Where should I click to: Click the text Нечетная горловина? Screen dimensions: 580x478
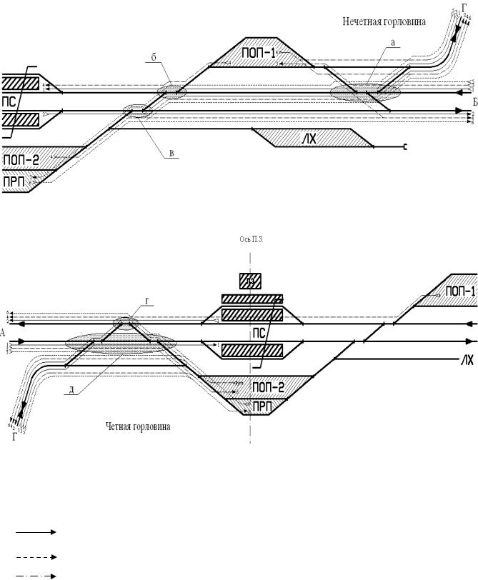point(384,22)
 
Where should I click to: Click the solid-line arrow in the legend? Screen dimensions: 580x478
point(35,532)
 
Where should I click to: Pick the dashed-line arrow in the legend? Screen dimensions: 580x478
point(35,556)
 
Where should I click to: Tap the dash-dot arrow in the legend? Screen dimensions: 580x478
point(35,575)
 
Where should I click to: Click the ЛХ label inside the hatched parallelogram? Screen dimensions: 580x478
point(308,138)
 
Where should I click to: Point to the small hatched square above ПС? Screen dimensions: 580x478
point(250,281)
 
